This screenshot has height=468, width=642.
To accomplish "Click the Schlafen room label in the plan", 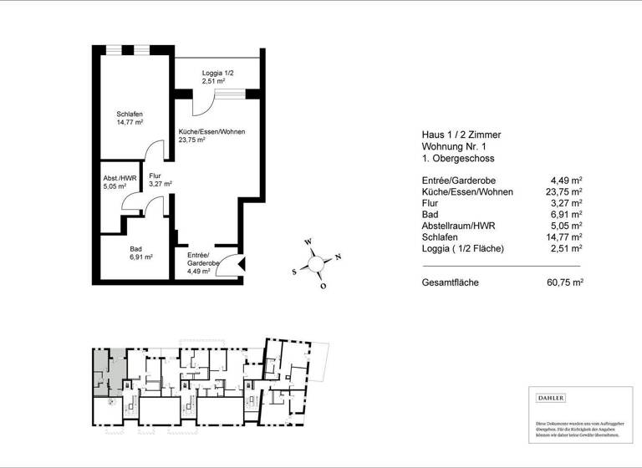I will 130,118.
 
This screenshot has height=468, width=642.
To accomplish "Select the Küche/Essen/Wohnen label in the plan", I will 211,136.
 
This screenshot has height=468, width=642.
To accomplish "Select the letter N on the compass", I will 338,257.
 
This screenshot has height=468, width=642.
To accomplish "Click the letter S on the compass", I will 294,271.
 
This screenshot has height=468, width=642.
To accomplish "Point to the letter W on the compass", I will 308,242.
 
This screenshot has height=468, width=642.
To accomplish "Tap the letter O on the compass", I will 323,286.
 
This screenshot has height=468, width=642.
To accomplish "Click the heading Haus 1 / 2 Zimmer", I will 461,135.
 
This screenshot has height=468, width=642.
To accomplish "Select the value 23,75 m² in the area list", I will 563,191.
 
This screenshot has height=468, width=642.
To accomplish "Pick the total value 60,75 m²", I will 563,283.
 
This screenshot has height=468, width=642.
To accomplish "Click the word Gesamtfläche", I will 451,283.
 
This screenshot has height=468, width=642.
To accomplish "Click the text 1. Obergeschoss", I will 458,159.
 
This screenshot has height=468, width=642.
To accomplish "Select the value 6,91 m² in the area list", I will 566,214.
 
